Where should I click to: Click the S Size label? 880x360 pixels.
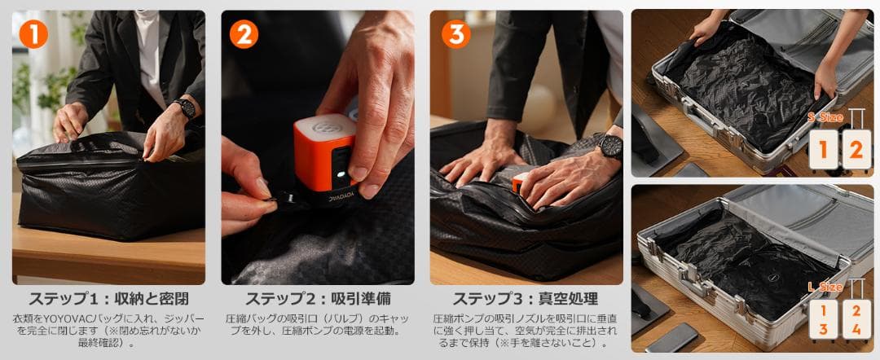(x=824, y=118)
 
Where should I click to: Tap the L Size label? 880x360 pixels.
(x=824, y=288)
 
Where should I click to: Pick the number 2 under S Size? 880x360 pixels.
(x=855, y=150)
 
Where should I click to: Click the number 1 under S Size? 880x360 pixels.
(x=823, y=150)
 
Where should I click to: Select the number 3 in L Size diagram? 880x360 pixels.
(x=823, y=329)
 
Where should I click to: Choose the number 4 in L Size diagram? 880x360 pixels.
(x=855, y=329)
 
